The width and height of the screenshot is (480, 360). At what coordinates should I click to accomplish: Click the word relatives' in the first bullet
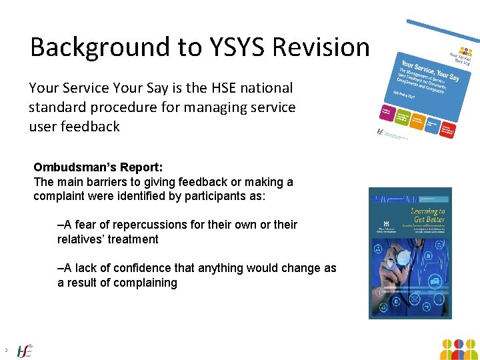click(x=84, y=239)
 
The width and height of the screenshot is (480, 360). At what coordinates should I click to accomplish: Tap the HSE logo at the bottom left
click(x=25, y=350)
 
